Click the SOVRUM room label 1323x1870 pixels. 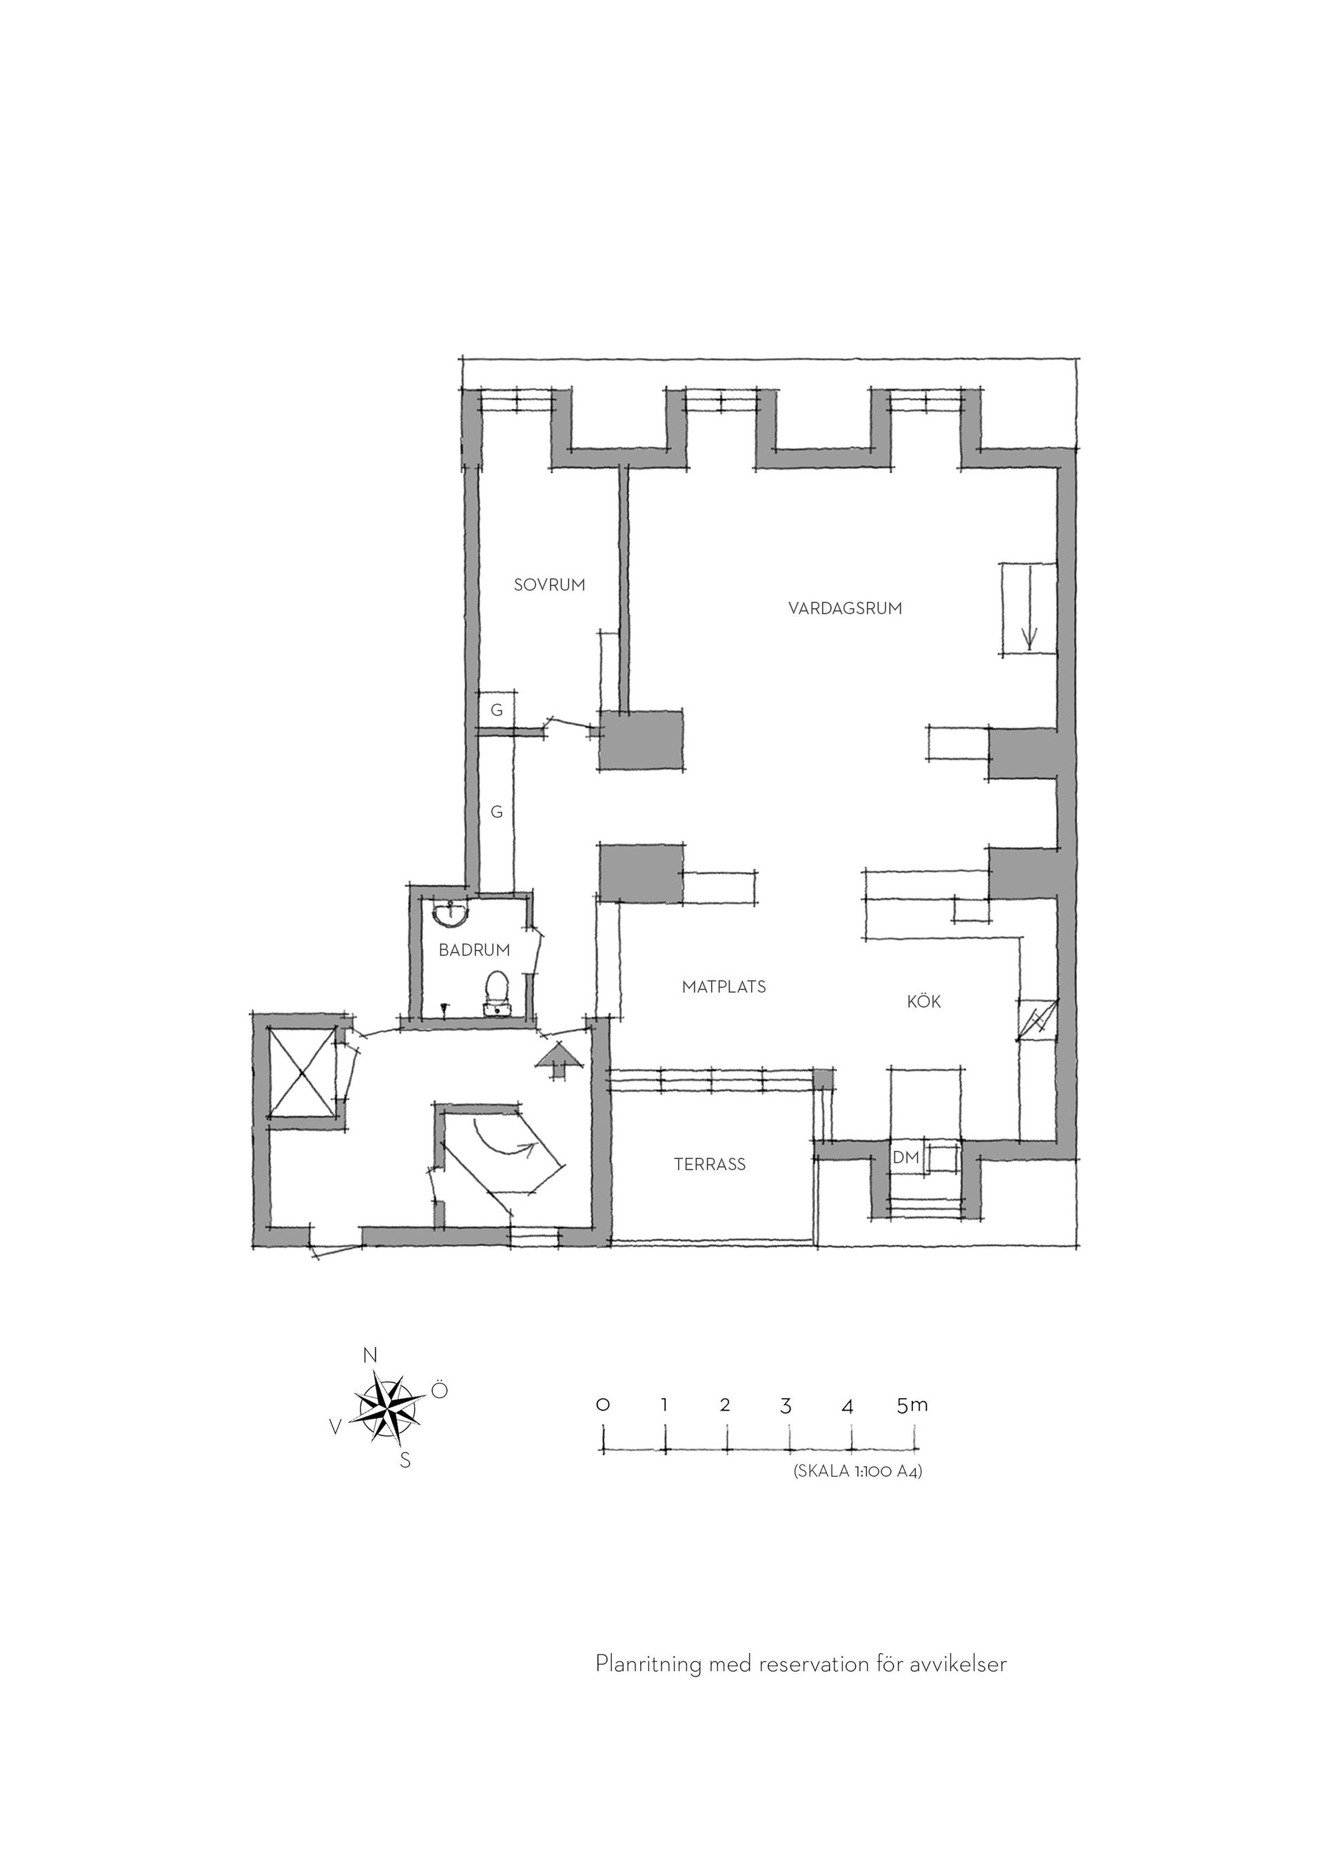549,585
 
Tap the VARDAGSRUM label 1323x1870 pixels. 845,608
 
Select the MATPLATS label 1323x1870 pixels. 724,987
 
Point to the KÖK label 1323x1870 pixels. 924,1001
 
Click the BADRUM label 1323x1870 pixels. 474,950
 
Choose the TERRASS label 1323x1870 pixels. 710,1165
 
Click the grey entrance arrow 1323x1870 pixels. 559,1061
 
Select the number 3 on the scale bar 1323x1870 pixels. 786,1406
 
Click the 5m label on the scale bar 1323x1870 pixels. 912,1405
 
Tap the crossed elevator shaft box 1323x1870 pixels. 302,1074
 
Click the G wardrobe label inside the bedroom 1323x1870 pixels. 496,711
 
